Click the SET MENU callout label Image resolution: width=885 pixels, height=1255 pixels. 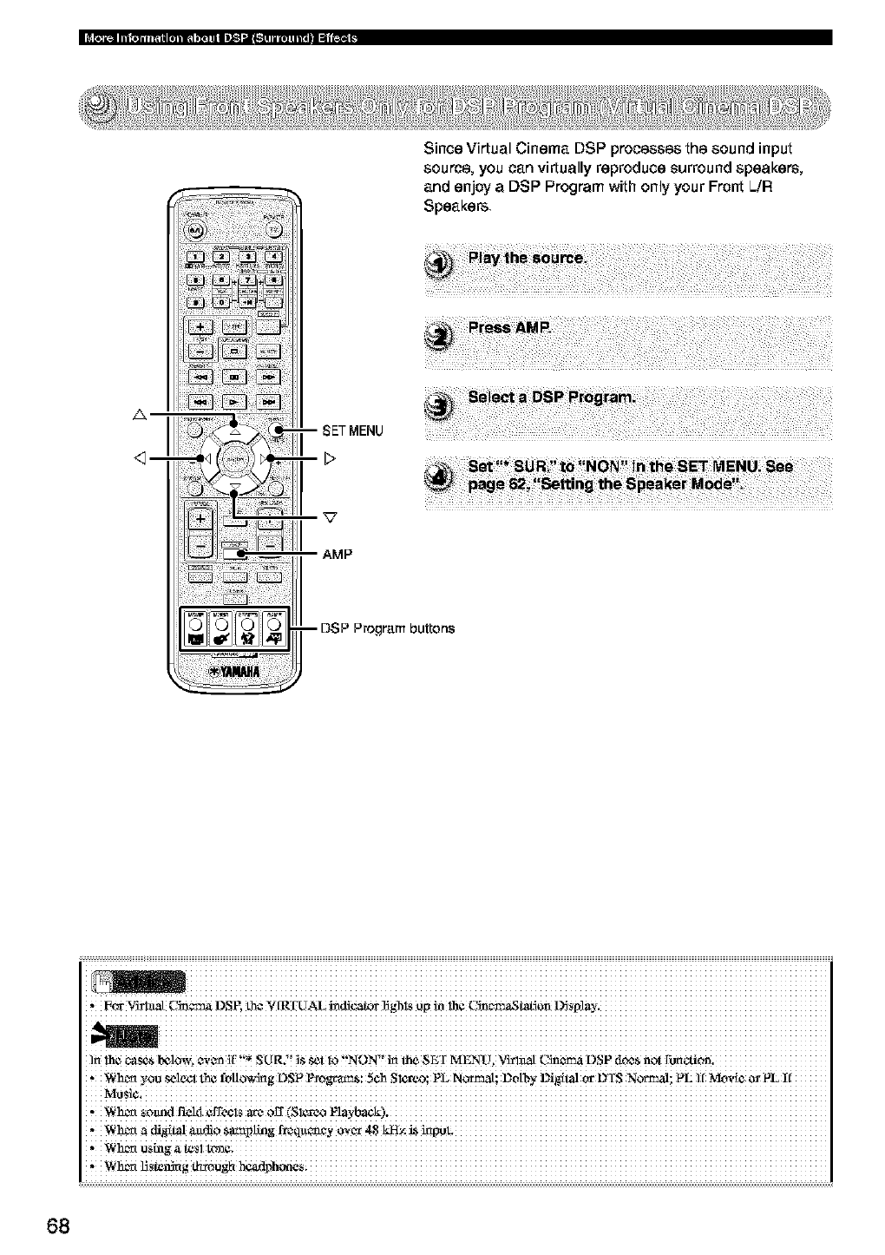tap(352, 430)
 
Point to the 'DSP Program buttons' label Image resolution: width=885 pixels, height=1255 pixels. tap(387, 627)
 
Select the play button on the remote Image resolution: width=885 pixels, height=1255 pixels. tap(234, 403)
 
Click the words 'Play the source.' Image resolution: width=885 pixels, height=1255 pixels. tap(527, 259)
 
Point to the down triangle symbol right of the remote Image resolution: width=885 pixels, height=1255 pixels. tap(330, 518)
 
